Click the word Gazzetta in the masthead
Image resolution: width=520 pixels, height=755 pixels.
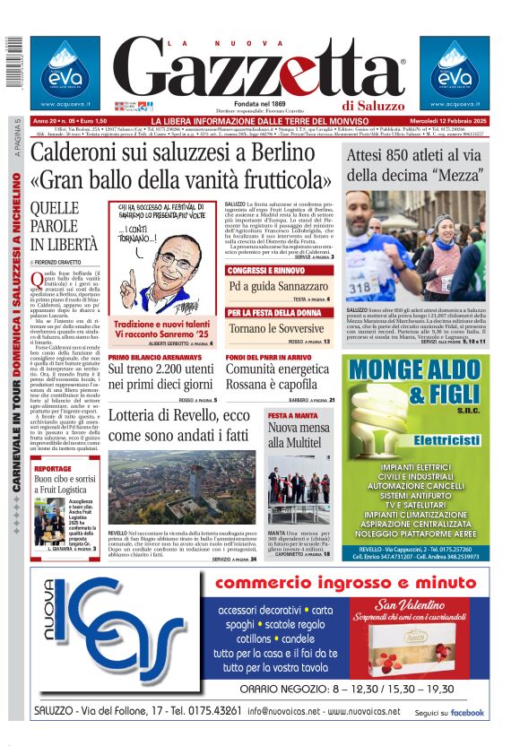tap(260, 70)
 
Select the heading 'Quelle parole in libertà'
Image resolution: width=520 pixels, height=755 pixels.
tap(64, 225)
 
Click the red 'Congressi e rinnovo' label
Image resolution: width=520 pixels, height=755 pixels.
tap(266, 270)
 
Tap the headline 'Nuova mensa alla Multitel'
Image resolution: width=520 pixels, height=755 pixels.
tap(299, 435)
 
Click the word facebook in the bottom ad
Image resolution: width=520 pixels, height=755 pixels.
tap(467, 713)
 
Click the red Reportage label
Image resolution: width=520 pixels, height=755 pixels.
tap(53, 468)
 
